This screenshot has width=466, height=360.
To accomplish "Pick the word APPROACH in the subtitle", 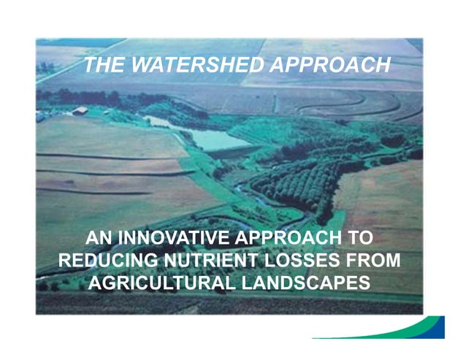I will tap(289, 237).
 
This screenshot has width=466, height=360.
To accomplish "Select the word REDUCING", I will tap(109, 260).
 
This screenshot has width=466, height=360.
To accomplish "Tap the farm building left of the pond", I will tap(80, 111).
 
